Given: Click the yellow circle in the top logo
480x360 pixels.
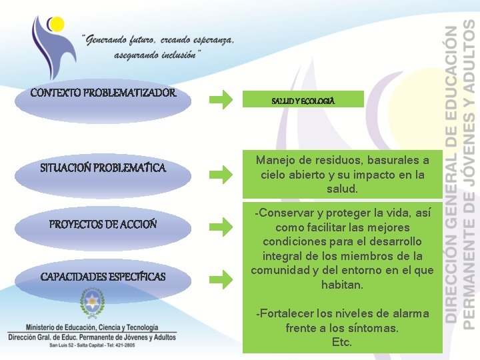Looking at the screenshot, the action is [56, 25].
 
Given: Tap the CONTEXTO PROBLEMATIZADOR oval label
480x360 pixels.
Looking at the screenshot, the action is [103, 93].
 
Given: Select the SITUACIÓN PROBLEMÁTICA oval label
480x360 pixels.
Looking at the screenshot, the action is [103, 168].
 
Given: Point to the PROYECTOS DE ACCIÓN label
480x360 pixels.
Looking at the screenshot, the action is [103, 224].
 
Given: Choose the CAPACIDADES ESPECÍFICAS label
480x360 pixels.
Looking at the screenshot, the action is [103, 276].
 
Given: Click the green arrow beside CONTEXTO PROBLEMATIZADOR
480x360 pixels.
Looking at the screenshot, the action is [221, 100].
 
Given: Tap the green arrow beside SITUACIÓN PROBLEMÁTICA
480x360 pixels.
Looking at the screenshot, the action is [221, 175].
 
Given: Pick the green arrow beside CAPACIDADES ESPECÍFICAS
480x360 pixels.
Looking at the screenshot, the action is [221, 277].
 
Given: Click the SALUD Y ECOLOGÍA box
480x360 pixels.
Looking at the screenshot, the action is [303, 100].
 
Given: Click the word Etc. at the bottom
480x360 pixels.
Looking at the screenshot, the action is [341, 343].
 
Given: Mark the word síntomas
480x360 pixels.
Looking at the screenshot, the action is [376, 329].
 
